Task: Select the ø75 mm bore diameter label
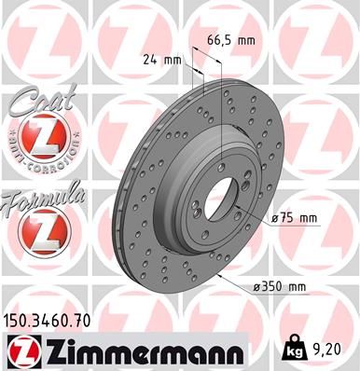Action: pos(295,218)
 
